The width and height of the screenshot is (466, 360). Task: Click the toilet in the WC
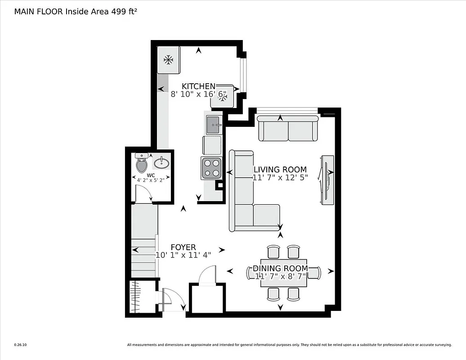pyautogui.click(x=142, y=164)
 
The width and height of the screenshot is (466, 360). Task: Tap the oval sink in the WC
pyautogui.click(x=161, y=162)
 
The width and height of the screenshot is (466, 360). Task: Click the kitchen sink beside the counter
pyautogui.click(x=214, y=124)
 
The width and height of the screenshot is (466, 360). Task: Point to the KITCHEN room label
pyautogui.click(x=198, y=86)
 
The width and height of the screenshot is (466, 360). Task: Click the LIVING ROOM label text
pyautogui.click(x=280, y=170)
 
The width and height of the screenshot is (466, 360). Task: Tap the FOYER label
pyautogui.click(x=183, y=247)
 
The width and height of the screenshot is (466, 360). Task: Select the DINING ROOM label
pyautogui.click(x=280, y=269)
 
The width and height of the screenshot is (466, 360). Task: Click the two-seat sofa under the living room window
pyautogui.click(x=288, y=129)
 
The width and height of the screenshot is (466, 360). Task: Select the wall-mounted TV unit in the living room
pyautogui.click(x=327, y=180)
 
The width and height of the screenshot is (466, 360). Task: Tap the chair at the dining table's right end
pyautogui.click(x=314, y=273)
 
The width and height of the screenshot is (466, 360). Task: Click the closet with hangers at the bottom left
pyautogui.click(x=139, y=297)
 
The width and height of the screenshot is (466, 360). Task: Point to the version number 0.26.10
pyautogui.click(x=20, y=345)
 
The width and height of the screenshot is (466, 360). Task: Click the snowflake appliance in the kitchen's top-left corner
pyautogui.click(x=169, y=59)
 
